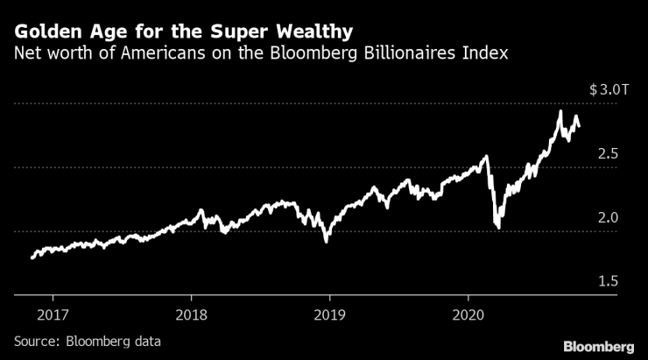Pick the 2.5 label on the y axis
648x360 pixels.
pyautogui.click(x=608, y=154)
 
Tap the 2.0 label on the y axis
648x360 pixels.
pyautogui.click(x=608, y=217)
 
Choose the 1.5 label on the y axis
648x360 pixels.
pyautogui.click(x=608, y=281)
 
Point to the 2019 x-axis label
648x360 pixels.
pyautogui.click(x=328, y=314)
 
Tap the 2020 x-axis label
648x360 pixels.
pyautogui.click(x=468, y=314)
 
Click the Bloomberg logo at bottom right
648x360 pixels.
pyautogui.click(x=599, y=342)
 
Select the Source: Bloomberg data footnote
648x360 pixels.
pyautogui.click(x=88, y=341)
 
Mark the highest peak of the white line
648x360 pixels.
pyautogui.click(x=560, y=110)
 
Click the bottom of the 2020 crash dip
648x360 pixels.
pyautogui.click(x=497, y=228)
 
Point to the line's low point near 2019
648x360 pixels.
pyautogui.click(x=327, y=241)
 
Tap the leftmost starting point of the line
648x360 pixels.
pyautogui.click(x=32, y=258)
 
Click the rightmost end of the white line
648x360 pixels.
pyautogui.click(x=579, y=128)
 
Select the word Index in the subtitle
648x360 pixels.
pyautogui.click(x=487, y=54)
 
